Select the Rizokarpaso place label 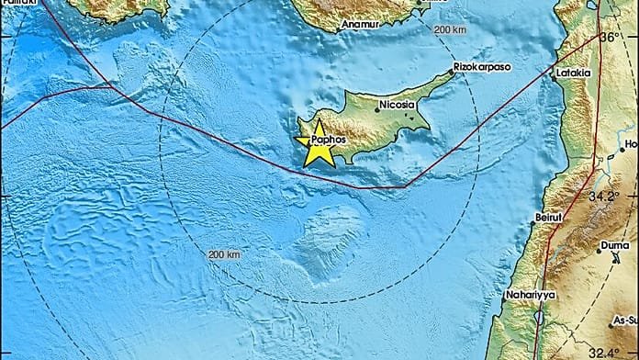[x=482, y=68]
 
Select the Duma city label [x=611, y=246]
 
